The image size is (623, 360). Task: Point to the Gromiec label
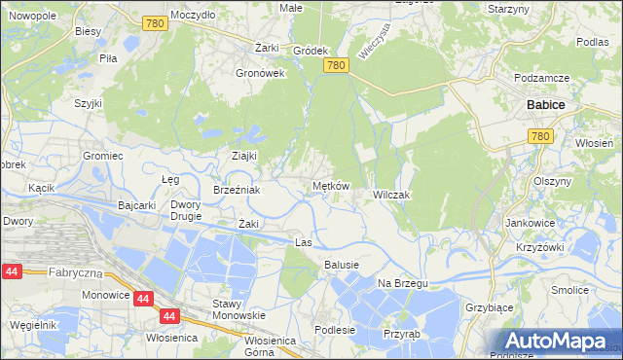[101, 156]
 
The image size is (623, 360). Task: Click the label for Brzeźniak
[237, 190]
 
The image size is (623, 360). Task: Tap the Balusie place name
[342, 265]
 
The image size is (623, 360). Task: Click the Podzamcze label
[541, 78]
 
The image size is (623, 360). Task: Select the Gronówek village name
[260, 72]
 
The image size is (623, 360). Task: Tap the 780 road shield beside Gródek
[336, 65]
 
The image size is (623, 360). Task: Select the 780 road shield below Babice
[541, 137]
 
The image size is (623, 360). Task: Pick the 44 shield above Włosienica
[169, 316]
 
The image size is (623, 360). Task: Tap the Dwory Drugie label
[185, 210]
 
